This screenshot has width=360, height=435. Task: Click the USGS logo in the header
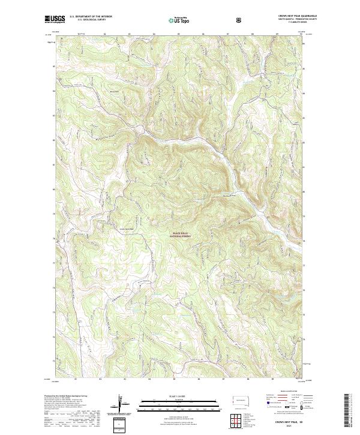[x=55, y=19]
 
